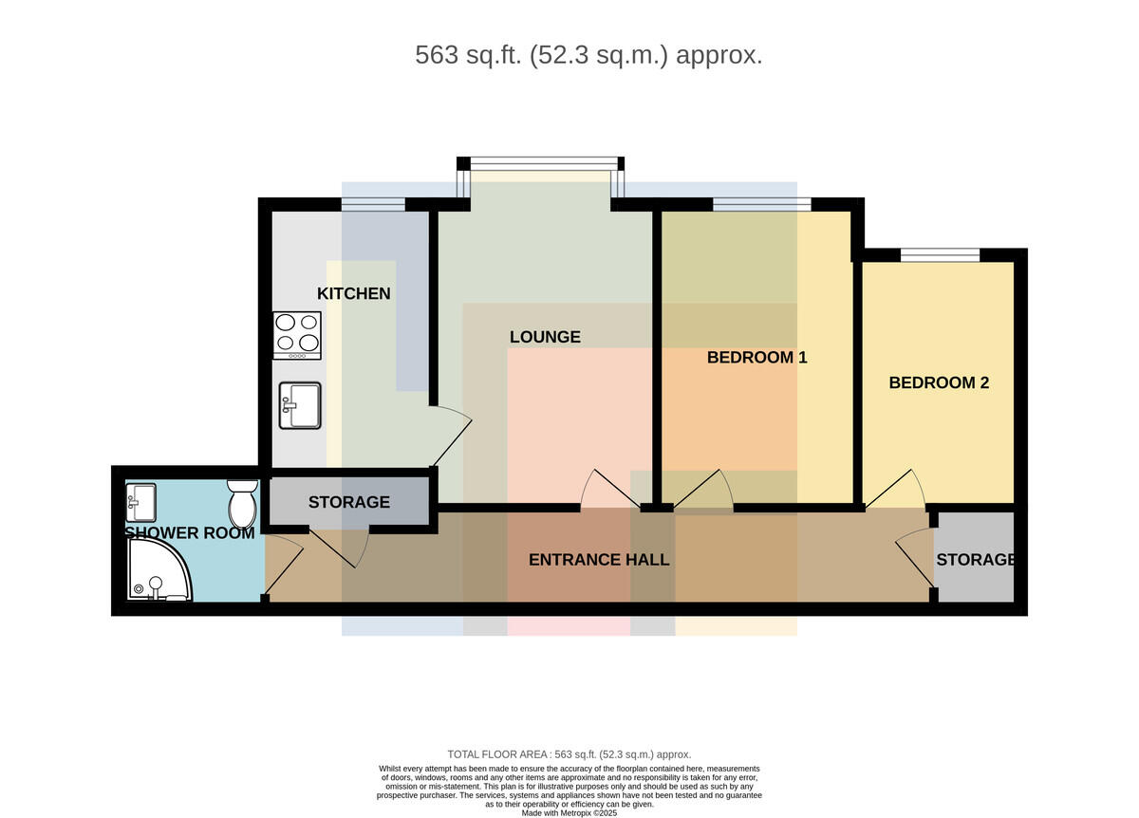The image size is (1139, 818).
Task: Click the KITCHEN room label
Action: coord(353,293)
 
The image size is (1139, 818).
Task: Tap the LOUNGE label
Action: coord(545,337)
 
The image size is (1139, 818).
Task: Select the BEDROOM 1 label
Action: coord(756,358)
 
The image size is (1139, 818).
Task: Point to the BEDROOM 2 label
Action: coord(939,382)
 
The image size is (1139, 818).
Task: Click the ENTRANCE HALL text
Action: coord(599,559)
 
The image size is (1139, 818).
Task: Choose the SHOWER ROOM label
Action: coord(190,532)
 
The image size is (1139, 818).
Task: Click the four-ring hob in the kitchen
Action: coord(297,335)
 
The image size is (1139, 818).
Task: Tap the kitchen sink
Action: coord(300,405)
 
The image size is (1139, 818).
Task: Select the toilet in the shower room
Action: coord(243,503)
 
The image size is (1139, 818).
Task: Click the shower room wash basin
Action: coord(140,502)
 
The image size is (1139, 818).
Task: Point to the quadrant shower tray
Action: coord(159,569)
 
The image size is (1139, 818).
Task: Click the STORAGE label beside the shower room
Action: coord(349,502)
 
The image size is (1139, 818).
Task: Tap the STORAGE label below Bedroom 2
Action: coord(976,559)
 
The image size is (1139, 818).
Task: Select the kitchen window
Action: coord(373,204)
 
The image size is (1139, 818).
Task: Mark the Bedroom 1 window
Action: coord(761,204)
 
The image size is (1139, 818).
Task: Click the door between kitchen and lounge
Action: coord(452,437)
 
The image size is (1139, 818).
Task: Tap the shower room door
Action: coord(284,567)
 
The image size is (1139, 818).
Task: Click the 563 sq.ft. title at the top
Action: coord(588,55)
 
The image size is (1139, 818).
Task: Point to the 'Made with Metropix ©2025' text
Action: coord(569,813)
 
